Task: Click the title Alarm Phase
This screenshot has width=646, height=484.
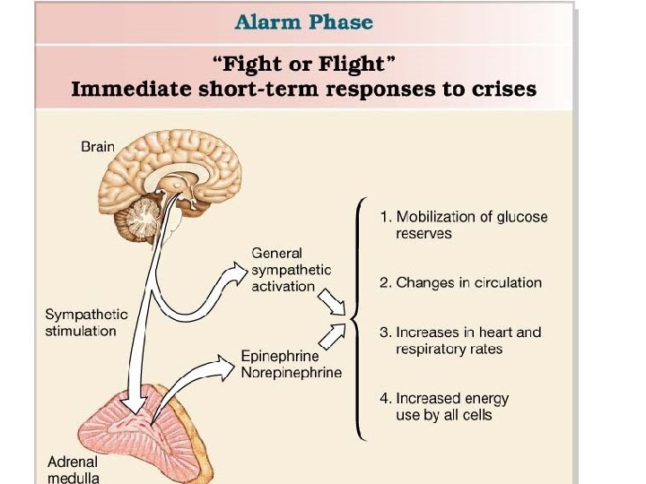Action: [304, 22]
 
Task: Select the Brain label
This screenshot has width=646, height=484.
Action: [98, 146]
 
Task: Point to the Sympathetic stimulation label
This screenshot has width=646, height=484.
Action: [86, 323]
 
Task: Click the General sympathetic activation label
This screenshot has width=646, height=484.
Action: [291, 270]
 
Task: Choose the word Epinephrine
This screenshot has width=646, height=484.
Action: [279, 356]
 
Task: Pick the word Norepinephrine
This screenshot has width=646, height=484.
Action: [291, 372]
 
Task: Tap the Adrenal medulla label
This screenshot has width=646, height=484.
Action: [74, 470]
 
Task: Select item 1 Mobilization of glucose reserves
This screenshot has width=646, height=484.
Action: [463, 225]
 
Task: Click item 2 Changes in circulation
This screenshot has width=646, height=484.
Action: [460, 282]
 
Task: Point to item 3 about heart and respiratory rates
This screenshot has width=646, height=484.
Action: [460, 341]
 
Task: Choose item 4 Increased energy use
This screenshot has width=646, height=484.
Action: [443, 406]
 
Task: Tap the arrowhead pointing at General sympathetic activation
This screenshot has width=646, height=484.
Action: [234, 267]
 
